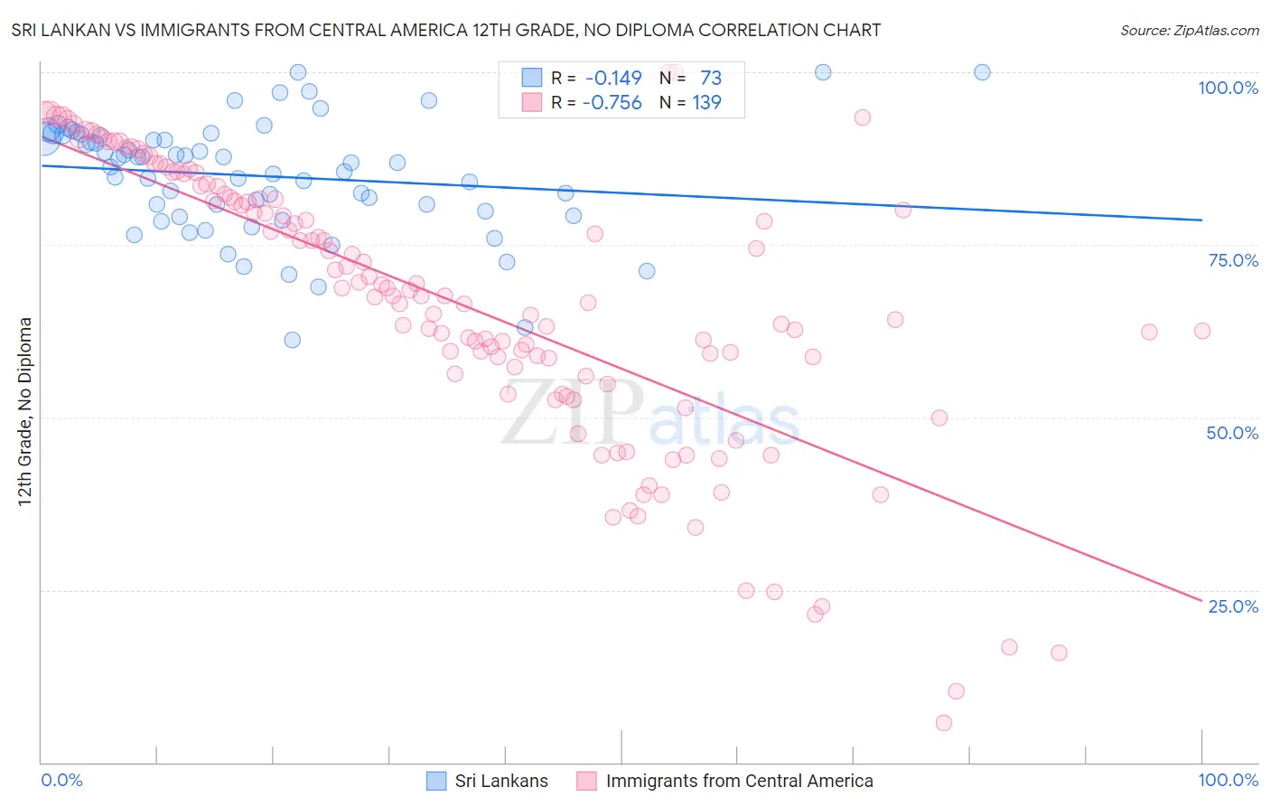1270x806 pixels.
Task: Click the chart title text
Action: tap(445, 30)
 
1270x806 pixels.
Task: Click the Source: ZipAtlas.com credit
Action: tap(1189, 30)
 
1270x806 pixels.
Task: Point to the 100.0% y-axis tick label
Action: tap(1228, 88)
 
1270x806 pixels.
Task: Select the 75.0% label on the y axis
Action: tap(1233, 260)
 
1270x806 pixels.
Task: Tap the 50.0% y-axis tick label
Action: tap(1232, 433)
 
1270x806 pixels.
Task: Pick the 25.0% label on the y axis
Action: tap(1233, 606)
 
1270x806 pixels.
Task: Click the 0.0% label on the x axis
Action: tap(61, 780)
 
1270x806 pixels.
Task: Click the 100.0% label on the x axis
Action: tap(1228, 780)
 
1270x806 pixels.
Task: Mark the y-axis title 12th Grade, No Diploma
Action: tap(25, 411)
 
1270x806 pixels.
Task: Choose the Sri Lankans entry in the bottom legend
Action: tap(501, 781)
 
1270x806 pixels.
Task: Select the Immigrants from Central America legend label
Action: tap(739, 781)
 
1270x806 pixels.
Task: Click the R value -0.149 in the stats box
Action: tap(613, 78)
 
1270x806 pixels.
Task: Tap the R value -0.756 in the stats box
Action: tap(612, 102)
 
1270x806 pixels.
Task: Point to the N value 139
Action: tap(706, 102)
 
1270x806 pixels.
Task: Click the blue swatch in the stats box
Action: tap(532, 78)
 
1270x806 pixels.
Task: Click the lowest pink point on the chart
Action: tap(944, 723)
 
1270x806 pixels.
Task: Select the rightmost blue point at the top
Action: tap(982, 72)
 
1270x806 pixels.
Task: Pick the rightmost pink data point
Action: tap(1202, 331)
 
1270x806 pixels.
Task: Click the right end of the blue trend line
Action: tap(1202, 220)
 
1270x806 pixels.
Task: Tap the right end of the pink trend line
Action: tap(1202, 600)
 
